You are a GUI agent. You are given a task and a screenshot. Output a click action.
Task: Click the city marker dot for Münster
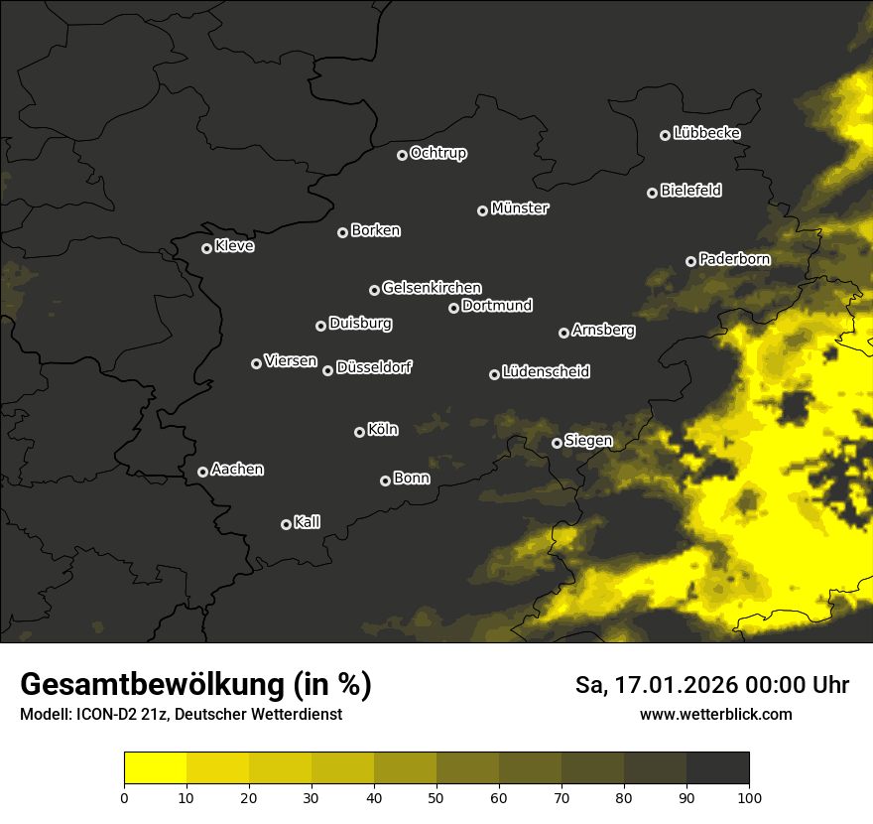pyautogui.click(x=483, y=210)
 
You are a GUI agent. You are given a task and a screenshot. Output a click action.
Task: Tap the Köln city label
pyautogui.click(x=383, y=430)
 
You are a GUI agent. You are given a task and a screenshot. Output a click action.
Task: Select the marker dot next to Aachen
pyautogui.click(x=203, y=472)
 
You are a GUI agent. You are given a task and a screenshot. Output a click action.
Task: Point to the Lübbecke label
pyautogui.click(x=706, y=133)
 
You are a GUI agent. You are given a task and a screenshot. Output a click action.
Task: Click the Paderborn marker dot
pyautogui.click(x=691, y=261)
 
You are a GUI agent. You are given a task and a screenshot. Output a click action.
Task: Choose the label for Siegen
pyautogui.click(x=588, y=441)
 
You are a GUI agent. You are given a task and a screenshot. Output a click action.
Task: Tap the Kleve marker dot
pyautogui.click(x=207, y=248)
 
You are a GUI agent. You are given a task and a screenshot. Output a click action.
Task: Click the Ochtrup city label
pyautogui.click(x=437, y=153)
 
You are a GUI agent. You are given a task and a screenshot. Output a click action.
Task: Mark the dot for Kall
pyautogui.click(x=287, y=524)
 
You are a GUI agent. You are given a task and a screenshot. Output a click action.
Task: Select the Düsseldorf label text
pyautogui.click(x=374, y=367)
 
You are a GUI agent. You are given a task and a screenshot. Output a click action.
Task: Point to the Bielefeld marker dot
pyautogui.click(x=653, y=193)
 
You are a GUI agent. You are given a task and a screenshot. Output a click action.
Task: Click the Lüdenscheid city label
pyautogui.click(x=546, y=371)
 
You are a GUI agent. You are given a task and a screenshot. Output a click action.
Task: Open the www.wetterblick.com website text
pyautogui.click(x=715, y=715)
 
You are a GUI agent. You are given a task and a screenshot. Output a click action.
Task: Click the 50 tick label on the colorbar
pyautogui.click(x=436, y=796)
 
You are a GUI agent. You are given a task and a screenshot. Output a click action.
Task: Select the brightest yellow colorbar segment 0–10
pyautogui.click(x=156, y=768)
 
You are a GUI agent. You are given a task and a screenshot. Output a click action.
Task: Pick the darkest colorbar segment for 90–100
pyautogui.click(x=717, y=768)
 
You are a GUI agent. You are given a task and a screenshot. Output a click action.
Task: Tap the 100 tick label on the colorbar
pyautogui.click(x=749, y=796)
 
